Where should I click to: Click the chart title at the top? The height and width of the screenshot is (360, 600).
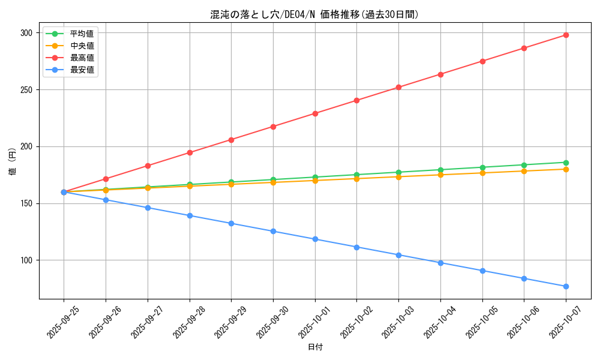314,14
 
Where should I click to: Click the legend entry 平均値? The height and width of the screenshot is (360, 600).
82,34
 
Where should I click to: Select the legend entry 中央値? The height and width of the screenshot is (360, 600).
82,46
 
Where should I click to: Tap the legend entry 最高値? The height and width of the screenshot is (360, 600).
82,58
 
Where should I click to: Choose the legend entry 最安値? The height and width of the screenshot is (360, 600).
82,70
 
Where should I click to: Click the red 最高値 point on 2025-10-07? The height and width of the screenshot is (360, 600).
566,35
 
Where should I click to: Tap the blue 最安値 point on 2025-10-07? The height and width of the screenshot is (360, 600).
566,286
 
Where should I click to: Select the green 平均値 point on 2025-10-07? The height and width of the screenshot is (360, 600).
566,163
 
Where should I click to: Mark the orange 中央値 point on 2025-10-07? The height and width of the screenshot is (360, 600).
566,169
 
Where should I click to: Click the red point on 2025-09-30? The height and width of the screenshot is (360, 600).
273,127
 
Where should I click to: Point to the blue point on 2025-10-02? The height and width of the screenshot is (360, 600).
356,247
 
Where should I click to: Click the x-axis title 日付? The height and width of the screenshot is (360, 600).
315,347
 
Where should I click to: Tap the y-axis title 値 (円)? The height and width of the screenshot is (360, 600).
13,161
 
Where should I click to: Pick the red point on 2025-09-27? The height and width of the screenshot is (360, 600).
148,166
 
